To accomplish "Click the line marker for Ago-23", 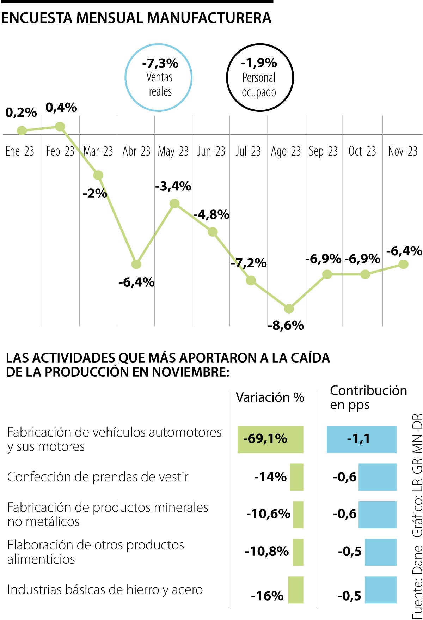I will pyautogui.click(x=289, y=309).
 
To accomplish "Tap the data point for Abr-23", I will pyautogui.click(x=136, y=264).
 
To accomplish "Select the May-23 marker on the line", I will pyautogui.click(x=174, y=203).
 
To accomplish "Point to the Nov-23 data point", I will pyautogui.click(x=403, y=264).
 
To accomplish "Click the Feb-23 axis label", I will pyautogui.click(x=60, y=151).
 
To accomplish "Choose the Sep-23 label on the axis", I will pyautogui.click(x=323, y=151).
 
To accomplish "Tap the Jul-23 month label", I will pyautogui.click(x=248, y=151).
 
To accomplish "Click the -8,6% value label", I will pyautogui.click(x=286, y=325).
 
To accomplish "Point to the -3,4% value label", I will pyautogui.click(x=173, y=186).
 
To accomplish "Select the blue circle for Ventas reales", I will pyautogui.click(x=159, y=78).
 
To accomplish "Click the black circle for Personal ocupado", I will pyautogui.click(x=260, y=78).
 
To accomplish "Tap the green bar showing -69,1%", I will pyautogui.click(x=270, y=439).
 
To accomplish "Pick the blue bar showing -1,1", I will pyautogui.click(x=362, y=439).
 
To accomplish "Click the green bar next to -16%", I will pyautogui.click(x=295, y=590).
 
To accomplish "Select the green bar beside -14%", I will pyautogui.click(x=296, y=477).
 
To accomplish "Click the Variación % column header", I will pyautogui.click(x=270, y=397).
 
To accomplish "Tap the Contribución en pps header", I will pyautogui.click(x=368, y=397).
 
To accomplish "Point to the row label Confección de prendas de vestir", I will pyautogui.click(x=98, y=477).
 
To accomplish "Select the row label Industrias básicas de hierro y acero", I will pyautogui.click(x=105, y=590).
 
